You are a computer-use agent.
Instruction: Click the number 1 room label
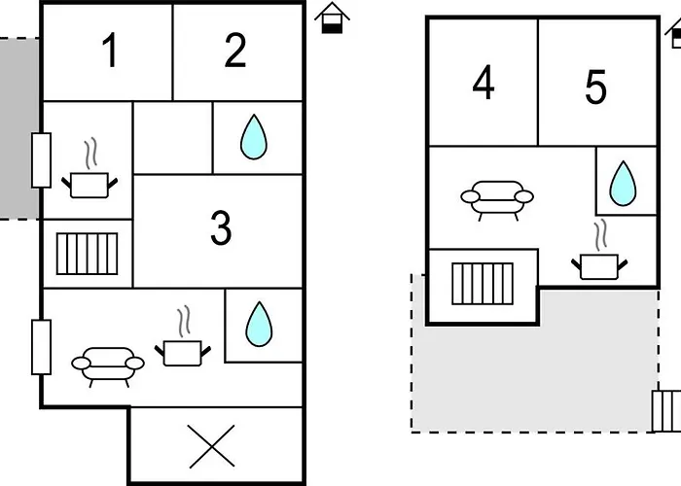(110, 51)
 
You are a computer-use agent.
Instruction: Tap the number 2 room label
(235, 51)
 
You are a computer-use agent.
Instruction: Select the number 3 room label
(221, 228)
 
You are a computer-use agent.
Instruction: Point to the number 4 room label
(484, 84)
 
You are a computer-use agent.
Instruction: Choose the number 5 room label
(595, 88)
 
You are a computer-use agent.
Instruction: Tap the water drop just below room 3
(258, 324)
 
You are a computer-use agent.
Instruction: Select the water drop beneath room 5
(622, 182)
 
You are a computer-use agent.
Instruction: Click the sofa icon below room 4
(496, 198)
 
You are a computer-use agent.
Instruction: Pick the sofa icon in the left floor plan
(107, 364)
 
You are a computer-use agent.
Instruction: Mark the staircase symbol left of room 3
(87, 254)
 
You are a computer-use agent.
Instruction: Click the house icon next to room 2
(333, 17)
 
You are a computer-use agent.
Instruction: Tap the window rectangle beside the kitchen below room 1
(41, 160)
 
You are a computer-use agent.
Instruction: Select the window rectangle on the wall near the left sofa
(41, 347)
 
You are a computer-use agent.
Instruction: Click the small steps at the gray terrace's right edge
(667, 410)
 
